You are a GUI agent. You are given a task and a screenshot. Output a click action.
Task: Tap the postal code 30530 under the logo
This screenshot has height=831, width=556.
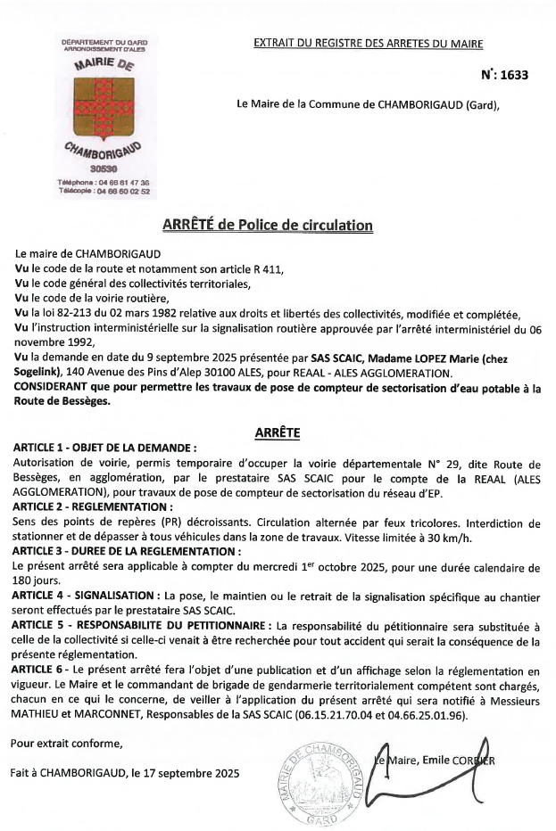pos(104,168)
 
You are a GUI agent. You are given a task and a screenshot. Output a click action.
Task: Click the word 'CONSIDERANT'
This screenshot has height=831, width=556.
pos(55,389)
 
